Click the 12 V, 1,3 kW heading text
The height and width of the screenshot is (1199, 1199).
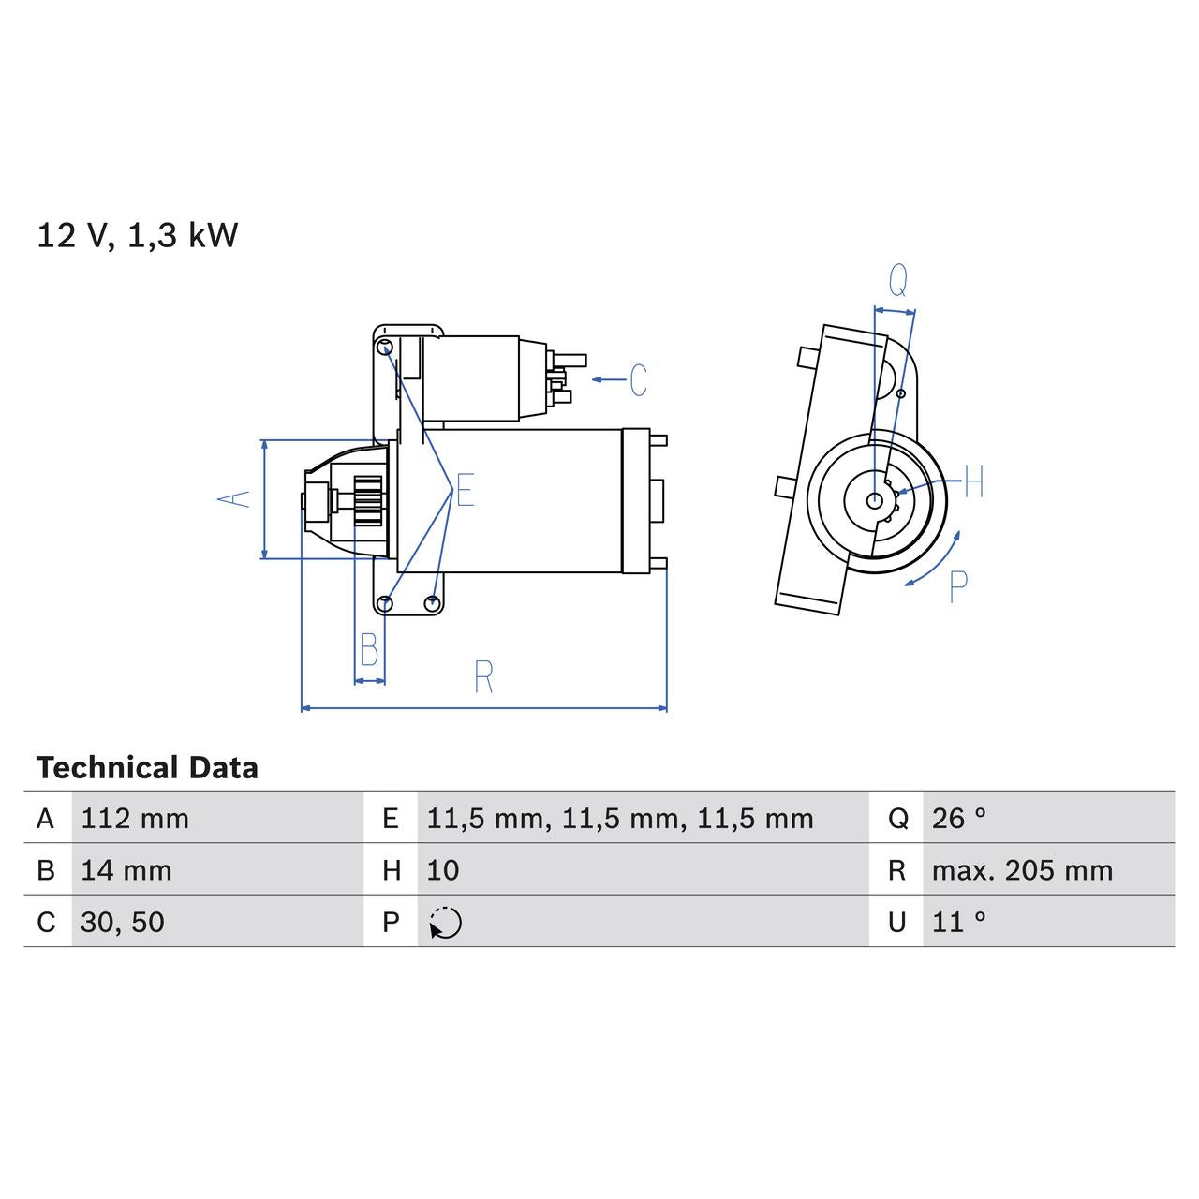[137, 235]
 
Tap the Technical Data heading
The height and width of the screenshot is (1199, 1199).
[147, 768]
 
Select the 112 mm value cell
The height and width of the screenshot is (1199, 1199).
[135, 819]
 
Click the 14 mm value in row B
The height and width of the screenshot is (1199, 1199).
[126, 870]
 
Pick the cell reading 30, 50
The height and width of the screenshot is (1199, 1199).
[123, 922]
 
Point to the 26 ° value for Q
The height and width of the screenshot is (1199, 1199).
[959, 819]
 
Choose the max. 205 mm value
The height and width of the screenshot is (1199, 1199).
[1022, 870]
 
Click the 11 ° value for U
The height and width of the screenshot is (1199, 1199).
[959, 922]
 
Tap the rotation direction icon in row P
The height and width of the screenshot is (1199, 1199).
[446, 923]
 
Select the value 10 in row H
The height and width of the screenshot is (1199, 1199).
[443, 870]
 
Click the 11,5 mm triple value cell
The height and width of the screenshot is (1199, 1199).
[620, 819]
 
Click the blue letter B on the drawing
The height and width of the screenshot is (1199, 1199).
[369, 649]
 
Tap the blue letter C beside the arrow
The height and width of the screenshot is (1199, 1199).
[638, 380]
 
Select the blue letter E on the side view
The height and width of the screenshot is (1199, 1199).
[466, 490]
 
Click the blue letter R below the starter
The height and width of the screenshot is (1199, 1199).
[483, 677]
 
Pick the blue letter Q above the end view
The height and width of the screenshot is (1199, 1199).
[897, 280]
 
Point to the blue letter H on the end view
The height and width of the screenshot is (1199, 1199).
[974, 482]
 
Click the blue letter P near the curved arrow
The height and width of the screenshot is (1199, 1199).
[957, 586]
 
